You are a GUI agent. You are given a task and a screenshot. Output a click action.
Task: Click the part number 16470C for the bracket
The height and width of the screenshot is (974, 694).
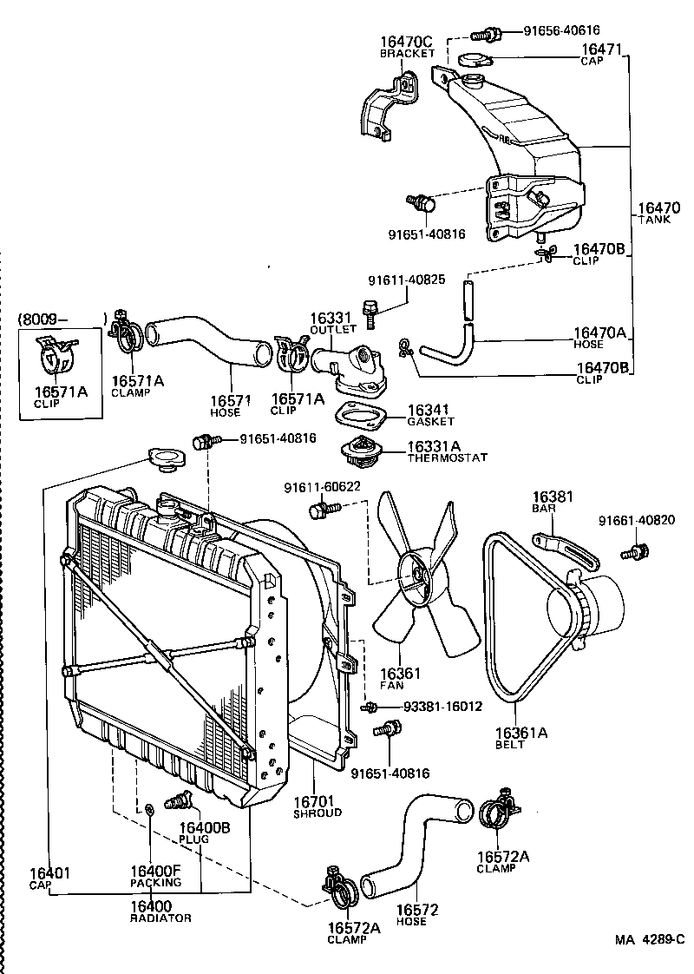click(x=406, y=41)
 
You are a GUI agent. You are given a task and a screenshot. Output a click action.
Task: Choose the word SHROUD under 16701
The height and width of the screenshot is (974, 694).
click(x=317, y=813)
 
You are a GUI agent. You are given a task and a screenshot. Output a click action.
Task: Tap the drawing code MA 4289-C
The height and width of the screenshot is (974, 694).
click(x=650, y=939)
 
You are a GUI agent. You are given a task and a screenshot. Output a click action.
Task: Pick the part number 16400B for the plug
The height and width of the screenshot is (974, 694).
click(x=204, y=827)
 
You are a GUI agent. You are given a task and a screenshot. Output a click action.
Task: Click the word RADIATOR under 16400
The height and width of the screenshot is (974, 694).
click(x=160, y=918)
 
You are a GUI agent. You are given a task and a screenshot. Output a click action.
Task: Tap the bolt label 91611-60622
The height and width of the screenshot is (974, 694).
click(x=322, y=489)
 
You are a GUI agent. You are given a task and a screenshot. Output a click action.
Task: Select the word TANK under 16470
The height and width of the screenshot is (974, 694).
click(x=655, y=220)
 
